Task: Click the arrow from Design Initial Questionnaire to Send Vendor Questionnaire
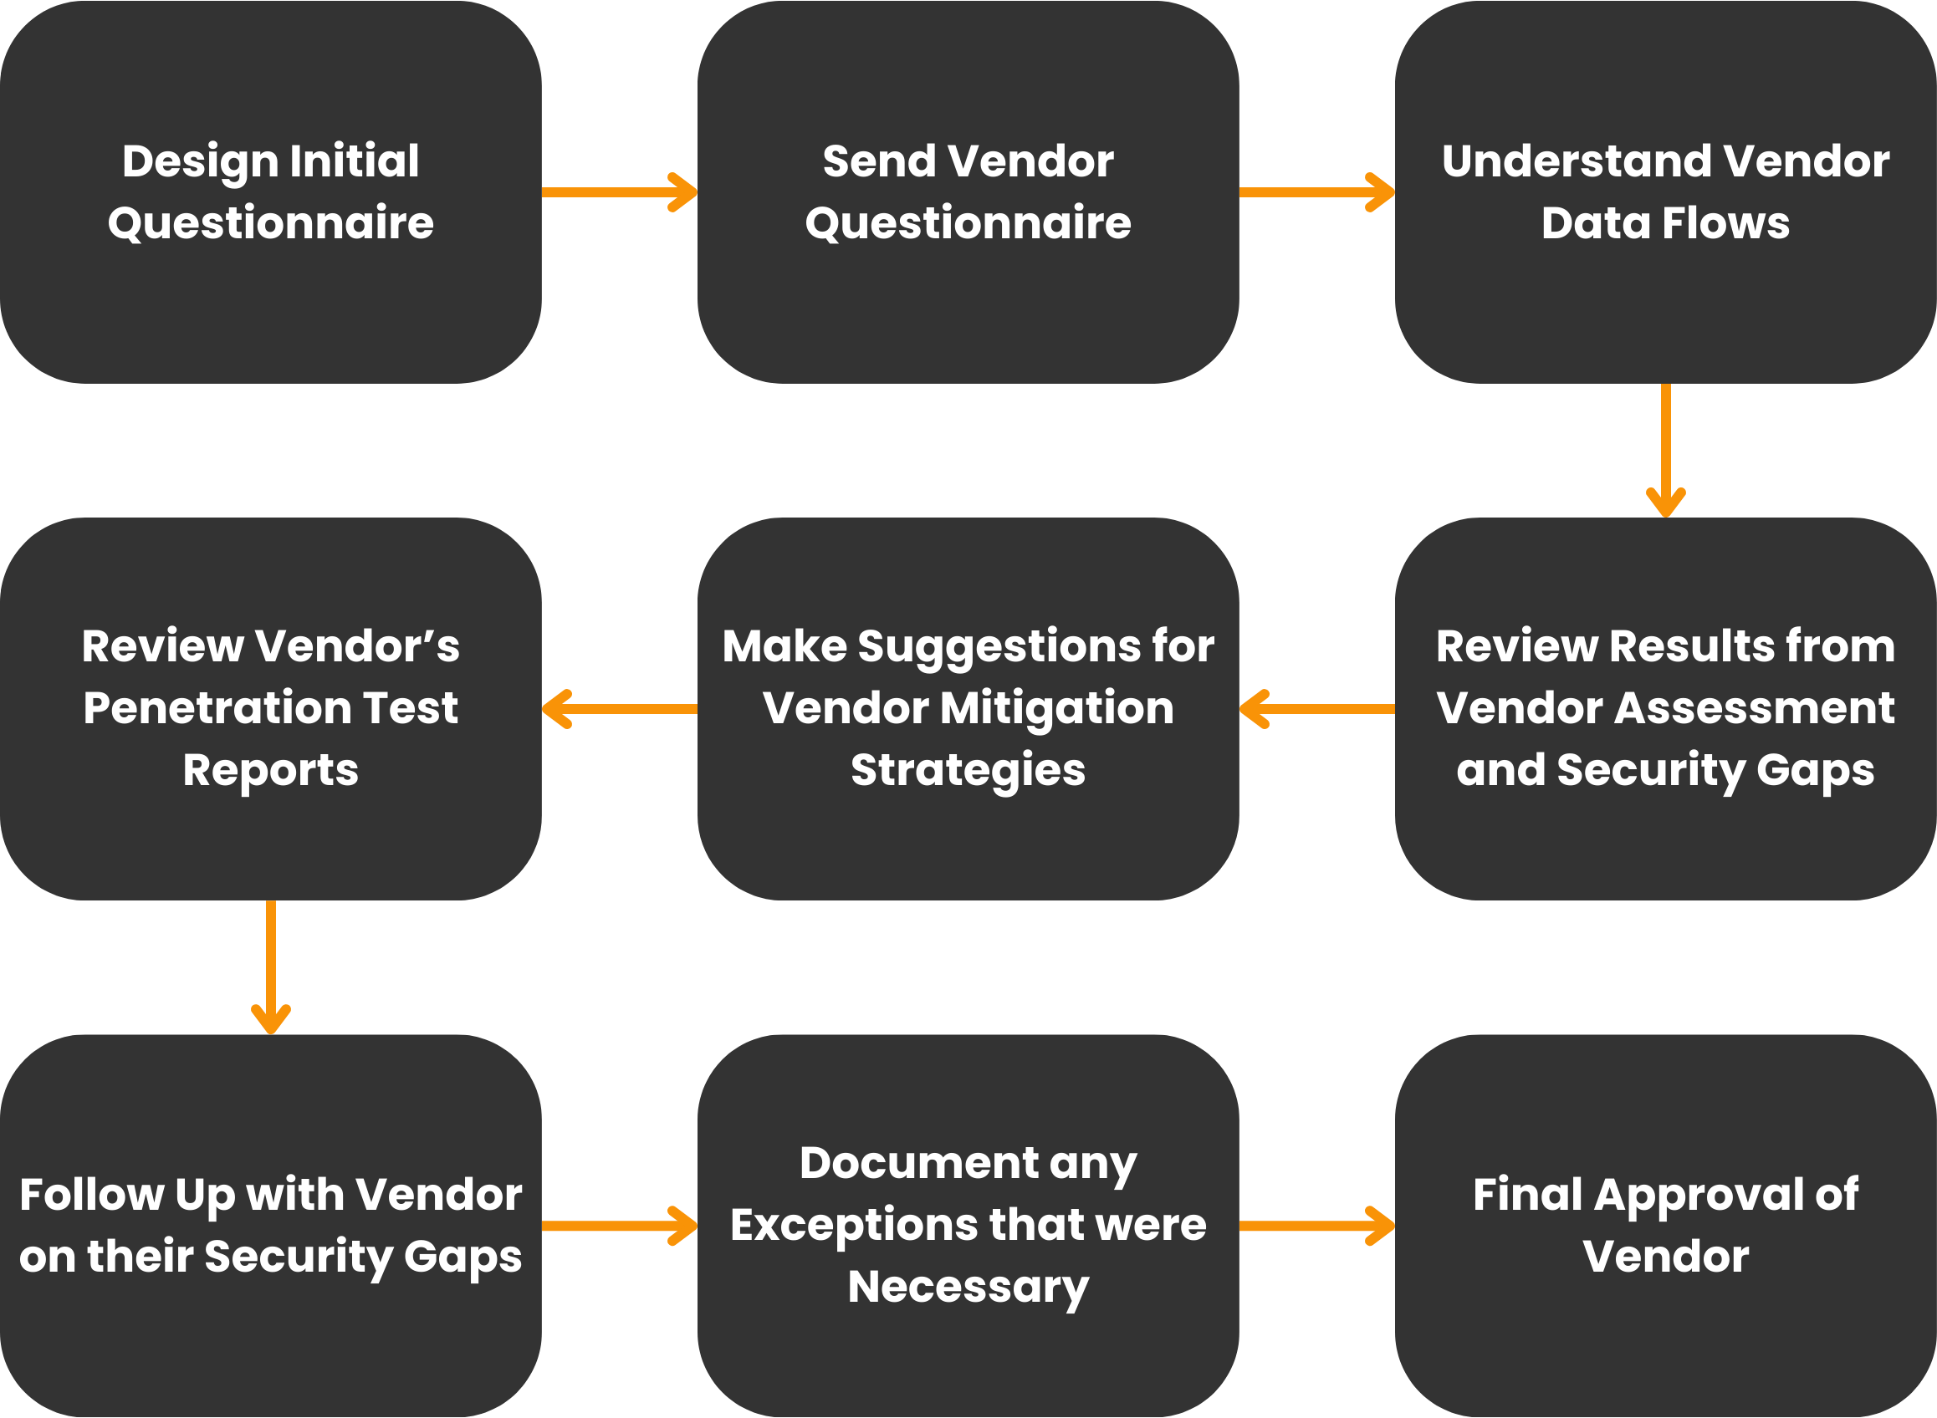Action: (x=618, y=192)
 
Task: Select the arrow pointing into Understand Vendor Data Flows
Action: (x=1316, y=192)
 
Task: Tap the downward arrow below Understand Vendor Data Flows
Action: (x=1666, y=450)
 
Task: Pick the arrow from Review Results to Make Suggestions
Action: (x=1316, y=709)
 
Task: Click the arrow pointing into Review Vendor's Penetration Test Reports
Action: (x=618, y=709)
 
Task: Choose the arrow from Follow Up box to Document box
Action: (x=618, y=1226)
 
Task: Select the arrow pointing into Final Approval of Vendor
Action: (x=1316, y=1226)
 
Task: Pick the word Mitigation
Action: (x=1055, y=709)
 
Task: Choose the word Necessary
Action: (x=968, y=1288)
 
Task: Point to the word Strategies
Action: (x=968, y=771)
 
